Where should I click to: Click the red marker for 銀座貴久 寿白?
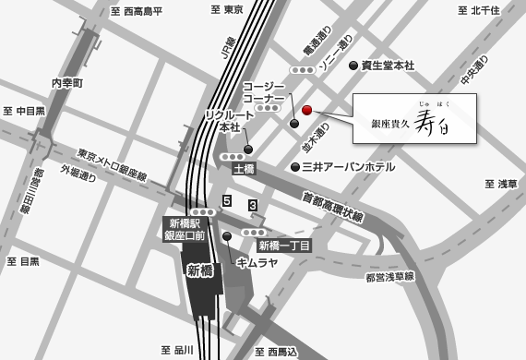(307, 111)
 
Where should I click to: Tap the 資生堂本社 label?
(388, 66)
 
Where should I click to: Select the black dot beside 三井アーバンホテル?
(295, 167)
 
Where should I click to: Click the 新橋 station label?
(200, 270)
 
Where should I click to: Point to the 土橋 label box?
(244, 170)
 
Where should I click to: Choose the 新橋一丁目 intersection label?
(284, 246)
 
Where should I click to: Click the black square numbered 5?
(227, 200)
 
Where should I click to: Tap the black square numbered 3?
(253, 205)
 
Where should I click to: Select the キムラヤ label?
(257, 263)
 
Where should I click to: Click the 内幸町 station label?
(67, 83)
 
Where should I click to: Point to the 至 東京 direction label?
(227, 9)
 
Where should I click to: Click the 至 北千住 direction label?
(478, 10)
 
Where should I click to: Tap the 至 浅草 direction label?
(501, 184)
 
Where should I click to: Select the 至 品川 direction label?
(177, 350)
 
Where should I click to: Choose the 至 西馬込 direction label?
(276, 351)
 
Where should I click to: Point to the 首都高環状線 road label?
(333, 207)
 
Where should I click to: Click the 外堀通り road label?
(78, 174)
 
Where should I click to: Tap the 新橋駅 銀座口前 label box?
(185, 230)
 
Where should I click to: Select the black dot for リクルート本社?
(248, 149)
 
